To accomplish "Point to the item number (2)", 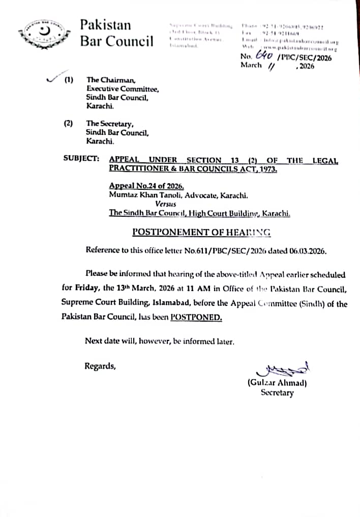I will point(68,124).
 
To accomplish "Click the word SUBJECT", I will point(81,158).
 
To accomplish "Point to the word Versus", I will point(165,204).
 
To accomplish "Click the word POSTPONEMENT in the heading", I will point(166,232).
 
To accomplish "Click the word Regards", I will point(100,365).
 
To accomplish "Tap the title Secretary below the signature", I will point(277,392).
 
